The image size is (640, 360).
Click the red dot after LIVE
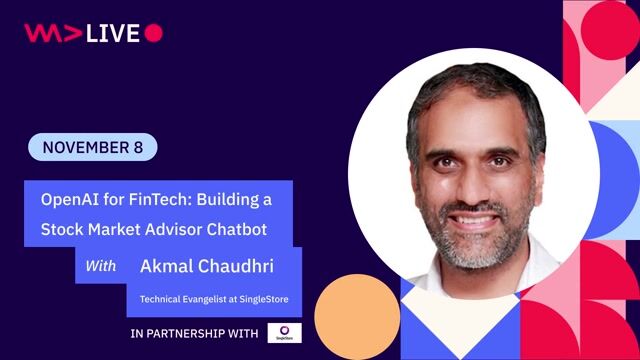click(153, 33)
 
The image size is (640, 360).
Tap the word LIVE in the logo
click(112, 33)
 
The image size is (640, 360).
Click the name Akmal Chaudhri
click(205, 266)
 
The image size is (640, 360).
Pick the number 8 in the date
click(138, 148)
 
